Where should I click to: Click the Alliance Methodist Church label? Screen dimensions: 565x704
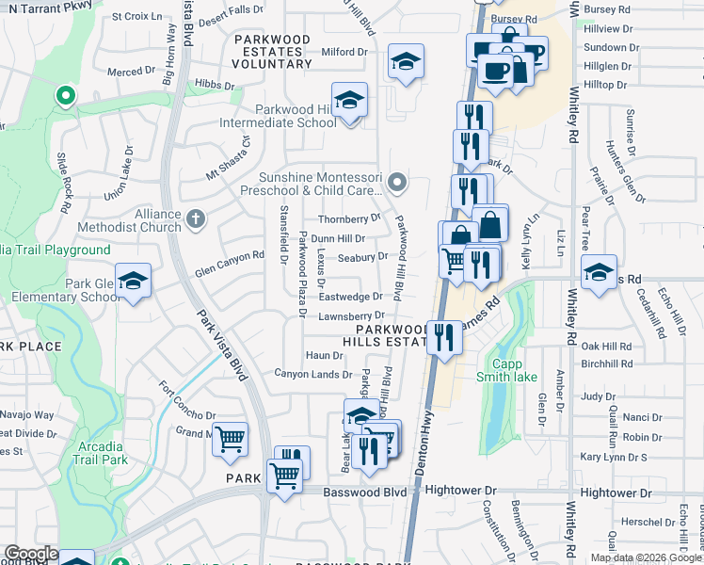pyautogui.click(x=143, y=220)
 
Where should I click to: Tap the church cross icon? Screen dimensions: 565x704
pyautogui.click(x=196, y=219)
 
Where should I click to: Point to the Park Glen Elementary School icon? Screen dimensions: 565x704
pyautogui.click(x=134, y=281)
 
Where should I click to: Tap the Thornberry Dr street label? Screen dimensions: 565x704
pyautogui.click(x=349, y=218)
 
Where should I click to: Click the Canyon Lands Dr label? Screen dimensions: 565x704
pyautogui.click(x=312, y=374)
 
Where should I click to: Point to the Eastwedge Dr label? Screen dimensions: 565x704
pyautogui.click(x=349, y=297)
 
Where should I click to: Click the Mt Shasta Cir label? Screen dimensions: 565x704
pyautogui.click(x=232, y=158)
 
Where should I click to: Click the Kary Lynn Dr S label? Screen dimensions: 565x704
pyautogui.click(x=615, y=457)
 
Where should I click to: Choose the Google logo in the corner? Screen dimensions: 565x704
pyautogui.click(x=30, y=554)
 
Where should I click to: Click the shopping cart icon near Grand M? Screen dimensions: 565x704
pyautogui.click(x=230, y=439)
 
